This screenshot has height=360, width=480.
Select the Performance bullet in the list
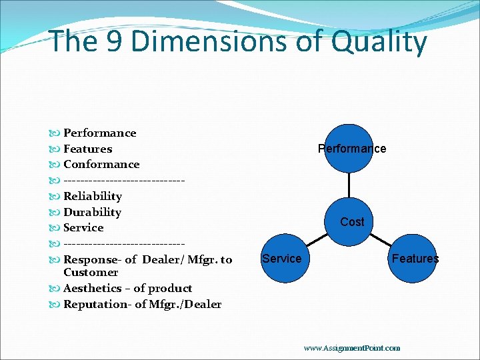99,133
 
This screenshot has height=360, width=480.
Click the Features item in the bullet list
87,149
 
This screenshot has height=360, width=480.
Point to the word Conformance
101,164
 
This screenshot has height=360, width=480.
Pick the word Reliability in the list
93,196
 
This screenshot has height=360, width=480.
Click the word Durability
92,212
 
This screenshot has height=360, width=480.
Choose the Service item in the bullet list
83,227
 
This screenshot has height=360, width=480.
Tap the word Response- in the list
92,259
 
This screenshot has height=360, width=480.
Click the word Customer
91,272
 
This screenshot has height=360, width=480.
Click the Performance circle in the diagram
351,148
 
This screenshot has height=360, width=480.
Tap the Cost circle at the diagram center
351,221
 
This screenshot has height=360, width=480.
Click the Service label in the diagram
281,258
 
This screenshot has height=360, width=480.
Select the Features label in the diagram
415,258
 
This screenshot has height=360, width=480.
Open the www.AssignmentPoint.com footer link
351,347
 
